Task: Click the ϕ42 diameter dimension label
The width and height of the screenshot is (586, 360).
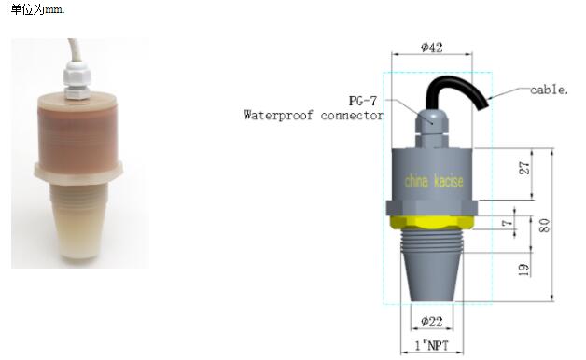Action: pos(432,48)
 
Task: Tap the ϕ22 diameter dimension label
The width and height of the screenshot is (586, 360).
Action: pos(432,321)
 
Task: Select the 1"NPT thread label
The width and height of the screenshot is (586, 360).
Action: pos(432,345)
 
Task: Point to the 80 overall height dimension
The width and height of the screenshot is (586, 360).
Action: pos(545,226)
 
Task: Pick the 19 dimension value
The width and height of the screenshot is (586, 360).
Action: pos(524,270)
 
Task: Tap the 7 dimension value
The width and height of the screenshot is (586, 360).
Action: pos(507,223)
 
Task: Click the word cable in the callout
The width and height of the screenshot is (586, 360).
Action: pos(549,90)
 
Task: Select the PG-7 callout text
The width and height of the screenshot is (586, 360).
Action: pos(362,101)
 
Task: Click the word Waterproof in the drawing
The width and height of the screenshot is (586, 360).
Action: pos(278,115)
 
